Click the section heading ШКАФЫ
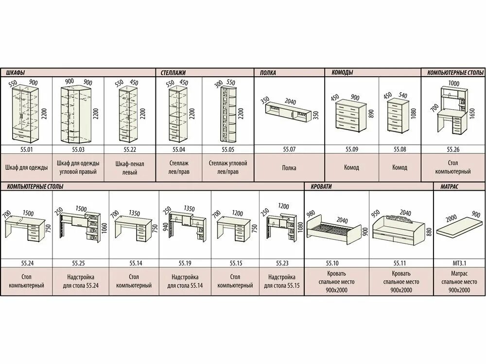click(16, 73)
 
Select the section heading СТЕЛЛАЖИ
click(173, 73)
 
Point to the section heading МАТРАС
click(451, 186)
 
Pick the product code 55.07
click(289, 149)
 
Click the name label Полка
click(289, 168)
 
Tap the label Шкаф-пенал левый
click(129, 168)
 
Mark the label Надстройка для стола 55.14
click(185, 281)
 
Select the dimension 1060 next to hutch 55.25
click(104, 227)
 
